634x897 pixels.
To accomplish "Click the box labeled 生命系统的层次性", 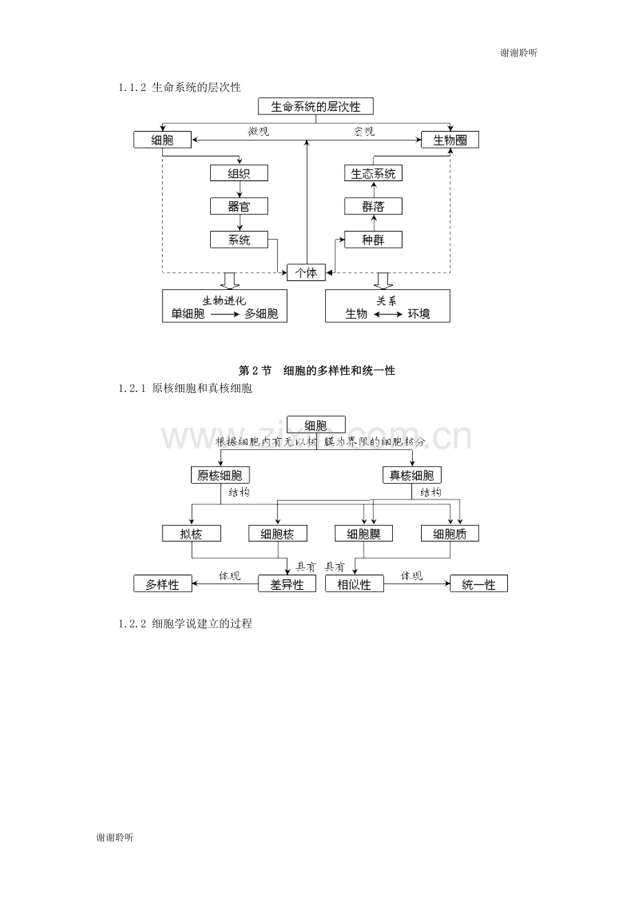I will [x=316, y=107].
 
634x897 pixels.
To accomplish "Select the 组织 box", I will [x=239, y=173].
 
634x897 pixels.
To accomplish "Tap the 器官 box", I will [x=239, y=206].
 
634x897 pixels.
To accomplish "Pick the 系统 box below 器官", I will [x=239, y=240].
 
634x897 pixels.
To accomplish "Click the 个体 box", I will [x=306, y=273].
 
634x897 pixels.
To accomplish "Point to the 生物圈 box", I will [x=450, y=140].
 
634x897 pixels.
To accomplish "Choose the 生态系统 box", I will [x=374, y=173].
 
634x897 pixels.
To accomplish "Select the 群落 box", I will [x=374, y=206].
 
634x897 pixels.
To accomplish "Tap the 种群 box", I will [x=374, y=240].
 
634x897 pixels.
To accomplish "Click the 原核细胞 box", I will [x=221, y=475].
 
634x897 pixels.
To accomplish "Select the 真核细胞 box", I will [x=412, y=475].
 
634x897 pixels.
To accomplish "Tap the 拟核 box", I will [x=192, y=533].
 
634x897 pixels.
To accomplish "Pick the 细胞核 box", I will [x=278, y=533].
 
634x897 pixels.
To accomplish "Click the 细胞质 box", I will [x=451, y=533].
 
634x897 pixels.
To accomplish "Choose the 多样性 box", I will [x=162, y=584].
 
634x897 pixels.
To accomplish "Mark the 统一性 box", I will [x=479, y=584].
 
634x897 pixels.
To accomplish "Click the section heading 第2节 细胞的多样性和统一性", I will [x=316, y=371].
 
